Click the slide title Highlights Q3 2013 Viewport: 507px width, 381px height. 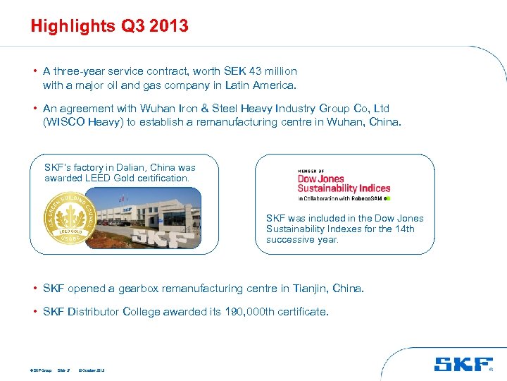click(x=109, y=27)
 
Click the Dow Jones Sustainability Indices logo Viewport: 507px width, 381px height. click(x=344, y=184)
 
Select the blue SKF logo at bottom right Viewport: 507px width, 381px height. click(x=463, y=364)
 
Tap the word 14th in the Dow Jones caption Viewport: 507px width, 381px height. click(x=403, y=229)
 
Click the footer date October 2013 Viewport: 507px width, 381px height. click(x=93, y=370)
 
